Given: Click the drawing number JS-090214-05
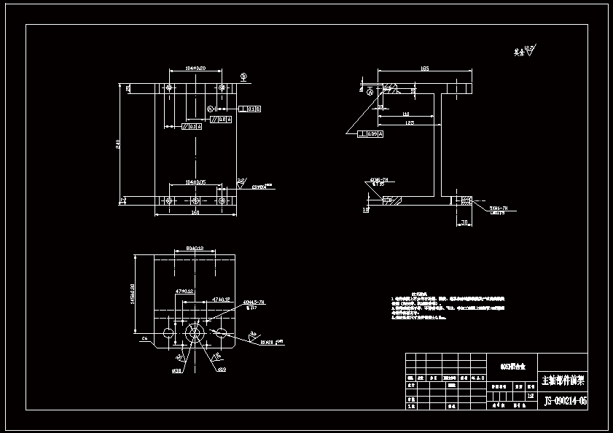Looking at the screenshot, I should coord(565,401).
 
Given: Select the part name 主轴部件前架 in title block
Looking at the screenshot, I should coord(563,381).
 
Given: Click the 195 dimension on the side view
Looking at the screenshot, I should coord(424,69).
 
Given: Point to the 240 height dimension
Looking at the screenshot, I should coord(119,144).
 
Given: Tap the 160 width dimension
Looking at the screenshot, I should coord(195,213).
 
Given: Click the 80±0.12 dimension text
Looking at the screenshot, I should coord(194,248).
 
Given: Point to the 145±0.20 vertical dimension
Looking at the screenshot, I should coord(133,296).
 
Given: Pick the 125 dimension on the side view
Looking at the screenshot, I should coord(410,123).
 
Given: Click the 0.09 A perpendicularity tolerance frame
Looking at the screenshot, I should coord(371,134).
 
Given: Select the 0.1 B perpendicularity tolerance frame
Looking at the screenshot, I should coord(250,109).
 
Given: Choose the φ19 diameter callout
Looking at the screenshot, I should coord(221,370).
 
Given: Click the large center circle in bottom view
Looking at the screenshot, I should coord(195,333).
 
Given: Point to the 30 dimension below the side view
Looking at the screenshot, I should coord(463,222).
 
